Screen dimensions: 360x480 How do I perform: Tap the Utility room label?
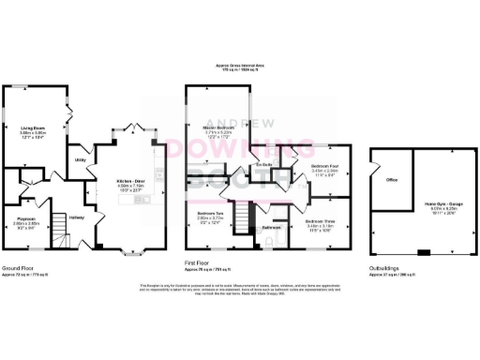pyautogui.click(x=81, y=160)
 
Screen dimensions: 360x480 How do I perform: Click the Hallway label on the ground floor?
pyautogui.click(x=76, y=218)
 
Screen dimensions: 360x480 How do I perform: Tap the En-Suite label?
pyautogui.click(x=264, y=166)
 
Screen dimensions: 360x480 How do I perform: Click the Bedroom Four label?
pyautogui.click(x=322, y=166)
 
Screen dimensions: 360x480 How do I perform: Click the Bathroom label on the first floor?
pyautogui.click(x=272, y=228)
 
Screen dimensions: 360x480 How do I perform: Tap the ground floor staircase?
pyautogui.click(x=57, y=226)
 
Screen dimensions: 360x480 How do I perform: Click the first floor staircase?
pyautogui.click(x=244, y=220)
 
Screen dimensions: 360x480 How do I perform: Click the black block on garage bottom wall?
pyautogui.click(x=423, y=252)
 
